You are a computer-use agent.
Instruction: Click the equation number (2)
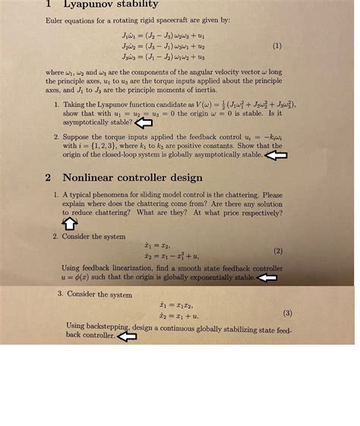[278, 251]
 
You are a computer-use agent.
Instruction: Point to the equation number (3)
[287, 313]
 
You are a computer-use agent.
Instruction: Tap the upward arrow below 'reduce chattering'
[69, 222]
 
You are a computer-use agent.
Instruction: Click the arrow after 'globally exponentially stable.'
[267, 278]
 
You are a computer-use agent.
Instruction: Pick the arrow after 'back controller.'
[127, 336]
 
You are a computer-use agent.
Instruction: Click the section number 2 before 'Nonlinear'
[47, 177]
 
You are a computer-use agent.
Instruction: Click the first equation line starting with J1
[163, 36]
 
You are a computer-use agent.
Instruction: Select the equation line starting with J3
[163, 56]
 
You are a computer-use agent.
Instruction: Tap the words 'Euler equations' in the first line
[68, 20]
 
